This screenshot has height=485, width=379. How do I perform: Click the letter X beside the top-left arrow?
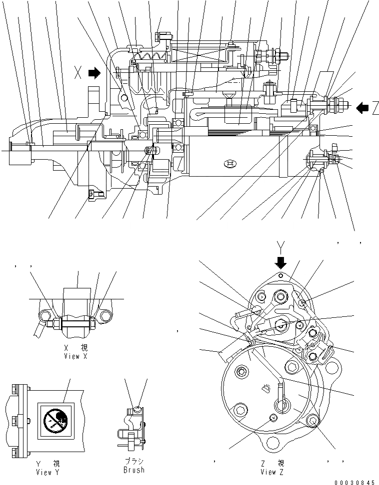click(77, 74)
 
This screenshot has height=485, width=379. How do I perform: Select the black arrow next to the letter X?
click(94, 74)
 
